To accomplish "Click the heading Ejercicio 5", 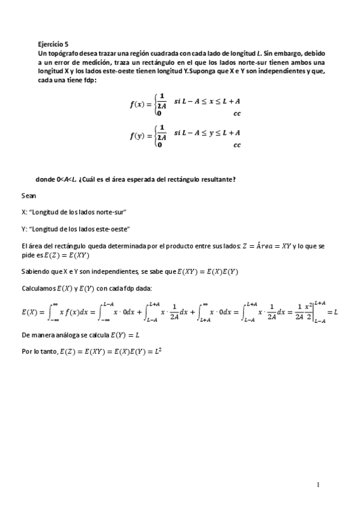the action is pyautogui.click(x=53, y=44).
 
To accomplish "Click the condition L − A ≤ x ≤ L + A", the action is pyautogui.click(x=207, y=100).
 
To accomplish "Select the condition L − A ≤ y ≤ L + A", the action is pyautogui.click(x=207, y=132).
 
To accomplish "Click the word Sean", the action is pyautogui.click(x=29, y=195).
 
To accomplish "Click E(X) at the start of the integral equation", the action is pyautogui.click(x=29, y=312).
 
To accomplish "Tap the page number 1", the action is pyautogui.click(x=318, y=485).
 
